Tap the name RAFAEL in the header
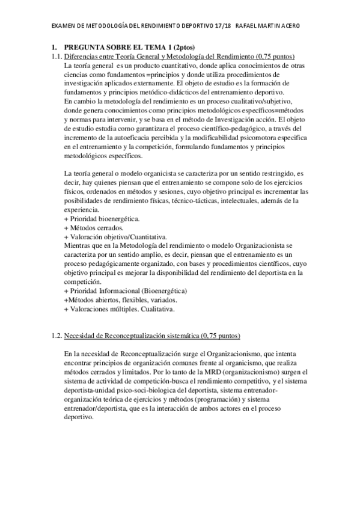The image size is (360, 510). pos(247,26)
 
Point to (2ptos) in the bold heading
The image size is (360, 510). pos(195,47)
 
